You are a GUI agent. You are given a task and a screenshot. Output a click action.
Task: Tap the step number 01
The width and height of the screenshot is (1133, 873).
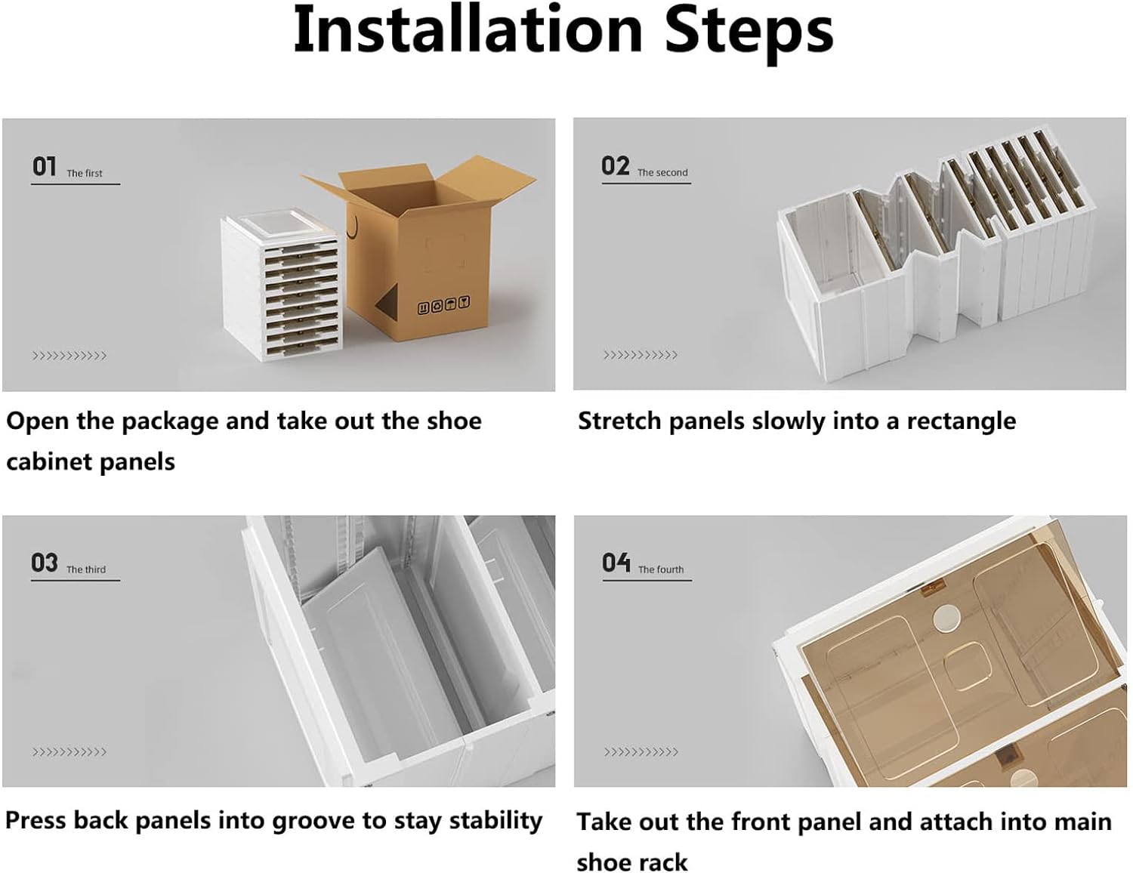click(x=45, y=167)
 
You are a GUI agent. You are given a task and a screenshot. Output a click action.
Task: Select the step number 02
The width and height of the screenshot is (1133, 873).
click(x=616, y=166)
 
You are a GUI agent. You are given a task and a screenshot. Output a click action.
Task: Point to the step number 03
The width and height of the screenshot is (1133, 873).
click(x=45, y=563)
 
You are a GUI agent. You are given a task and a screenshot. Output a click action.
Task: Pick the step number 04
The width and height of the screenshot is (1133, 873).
click(x=616, y=563)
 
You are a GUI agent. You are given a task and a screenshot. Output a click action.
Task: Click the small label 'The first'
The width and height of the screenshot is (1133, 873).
click(x=85, y=173)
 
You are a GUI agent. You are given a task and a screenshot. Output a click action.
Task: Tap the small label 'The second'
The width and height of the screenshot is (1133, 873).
click(x=662, y=172)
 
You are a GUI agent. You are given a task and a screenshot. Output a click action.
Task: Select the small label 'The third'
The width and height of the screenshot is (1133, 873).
click(x=86, y=569)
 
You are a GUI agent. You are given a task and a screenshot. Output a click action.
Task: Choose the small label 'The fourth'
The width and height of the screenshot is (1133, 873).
click(x=661, y=569)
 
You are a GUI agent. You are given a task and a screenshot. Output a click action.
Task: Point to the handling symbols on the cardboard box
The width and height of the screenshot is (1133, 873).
click(x=443, y=304)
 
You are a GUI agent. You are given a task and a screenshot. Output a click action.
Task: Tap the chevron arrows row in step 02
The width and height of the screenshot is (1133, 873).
click(x=641, y=356)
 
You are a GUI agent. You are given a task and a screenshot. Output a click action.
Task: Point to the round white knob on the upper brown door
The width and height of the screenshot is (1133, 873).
click(x=947, y=619)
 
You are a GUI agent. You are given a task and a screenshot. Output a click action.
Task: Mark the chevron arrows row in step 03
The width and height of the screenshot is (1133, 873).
click(x=69, y=752)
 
